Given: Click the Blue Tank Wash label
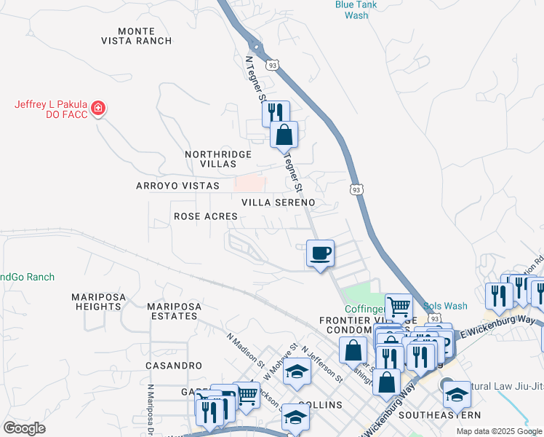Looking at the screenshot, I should (356, 9).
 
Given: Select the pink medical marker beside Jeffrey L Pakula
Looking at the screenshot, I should (98, 109).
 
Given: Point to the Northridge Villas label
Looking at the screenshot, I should (218, 160).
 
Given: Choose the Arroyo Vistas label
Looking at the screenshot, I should (177, 186).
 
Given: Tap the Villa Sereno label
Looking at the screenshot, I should (279, 202).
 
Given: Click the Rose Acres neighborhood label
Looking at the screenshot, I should (206, 216).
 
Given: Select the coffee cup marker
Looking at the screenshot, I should (320, 254).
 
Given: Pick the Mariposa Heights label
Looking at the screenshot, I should (96, 302).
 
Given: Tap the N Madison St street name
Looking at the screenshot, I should (244, 350).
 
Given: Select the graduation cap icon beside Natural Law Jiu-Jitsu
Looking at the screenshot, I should (456, 394).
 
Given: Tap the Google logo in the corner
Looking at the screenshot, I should (24, 428).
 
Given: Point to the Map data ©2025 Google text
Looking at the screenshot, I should (499, 431).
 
